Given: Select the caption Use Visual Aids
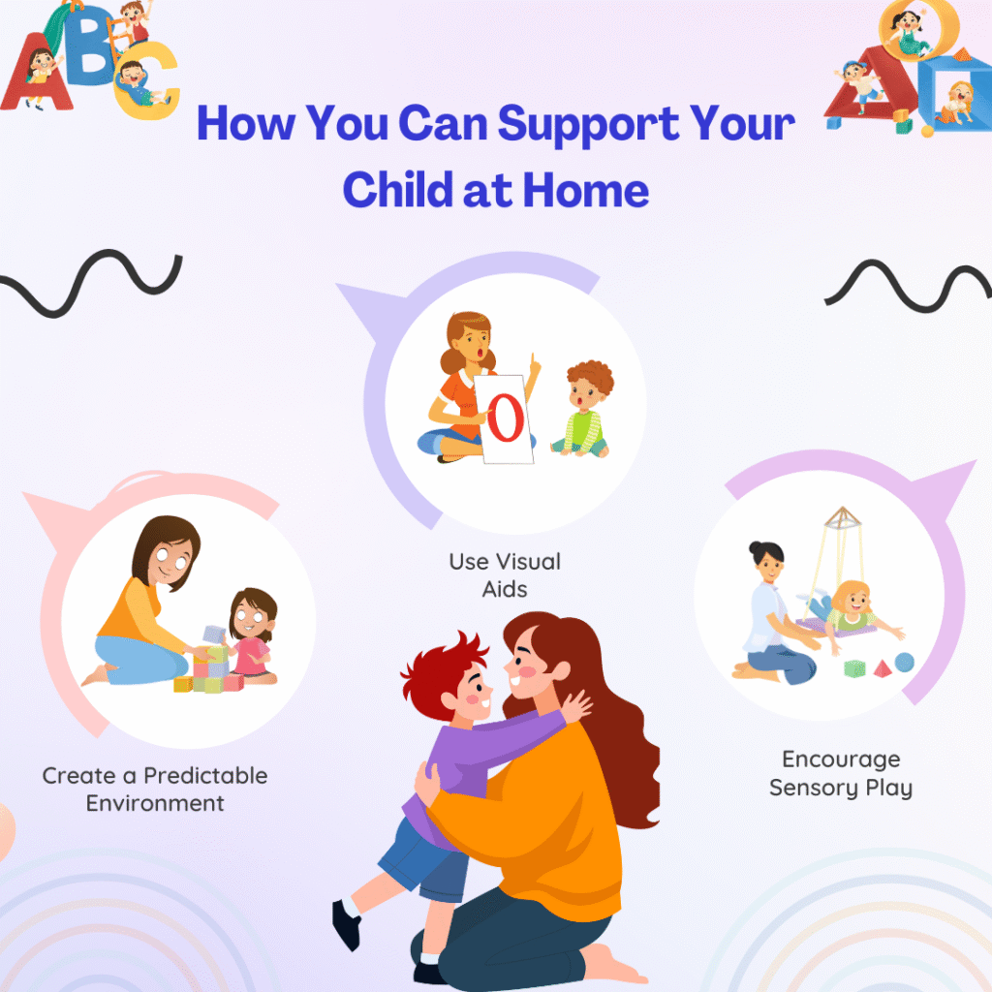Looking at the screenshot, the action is coord(505,575).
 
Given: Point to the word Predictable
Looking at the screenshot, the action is coord(205,776).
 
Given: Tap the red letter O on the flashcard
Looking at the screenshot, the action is coord(506,418).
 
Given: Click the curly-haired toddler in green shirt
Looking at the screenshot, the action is coord(583,410).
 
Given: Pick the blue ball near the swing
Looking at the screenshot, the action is coord(905,663).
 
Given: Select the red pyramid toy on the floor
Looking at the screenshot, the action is coord(882,668).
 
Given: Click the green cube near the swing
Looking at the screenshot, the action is coord(854,668).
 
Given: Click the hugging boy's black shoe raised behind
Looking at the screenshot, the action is coord(347,925).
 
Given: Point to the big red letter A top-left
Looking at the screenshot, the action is coord(38,73).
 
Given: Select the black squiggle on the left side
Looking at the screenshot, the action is coord(91,283).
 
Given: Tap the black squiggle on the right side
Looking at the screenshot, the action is coord(909,286).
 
